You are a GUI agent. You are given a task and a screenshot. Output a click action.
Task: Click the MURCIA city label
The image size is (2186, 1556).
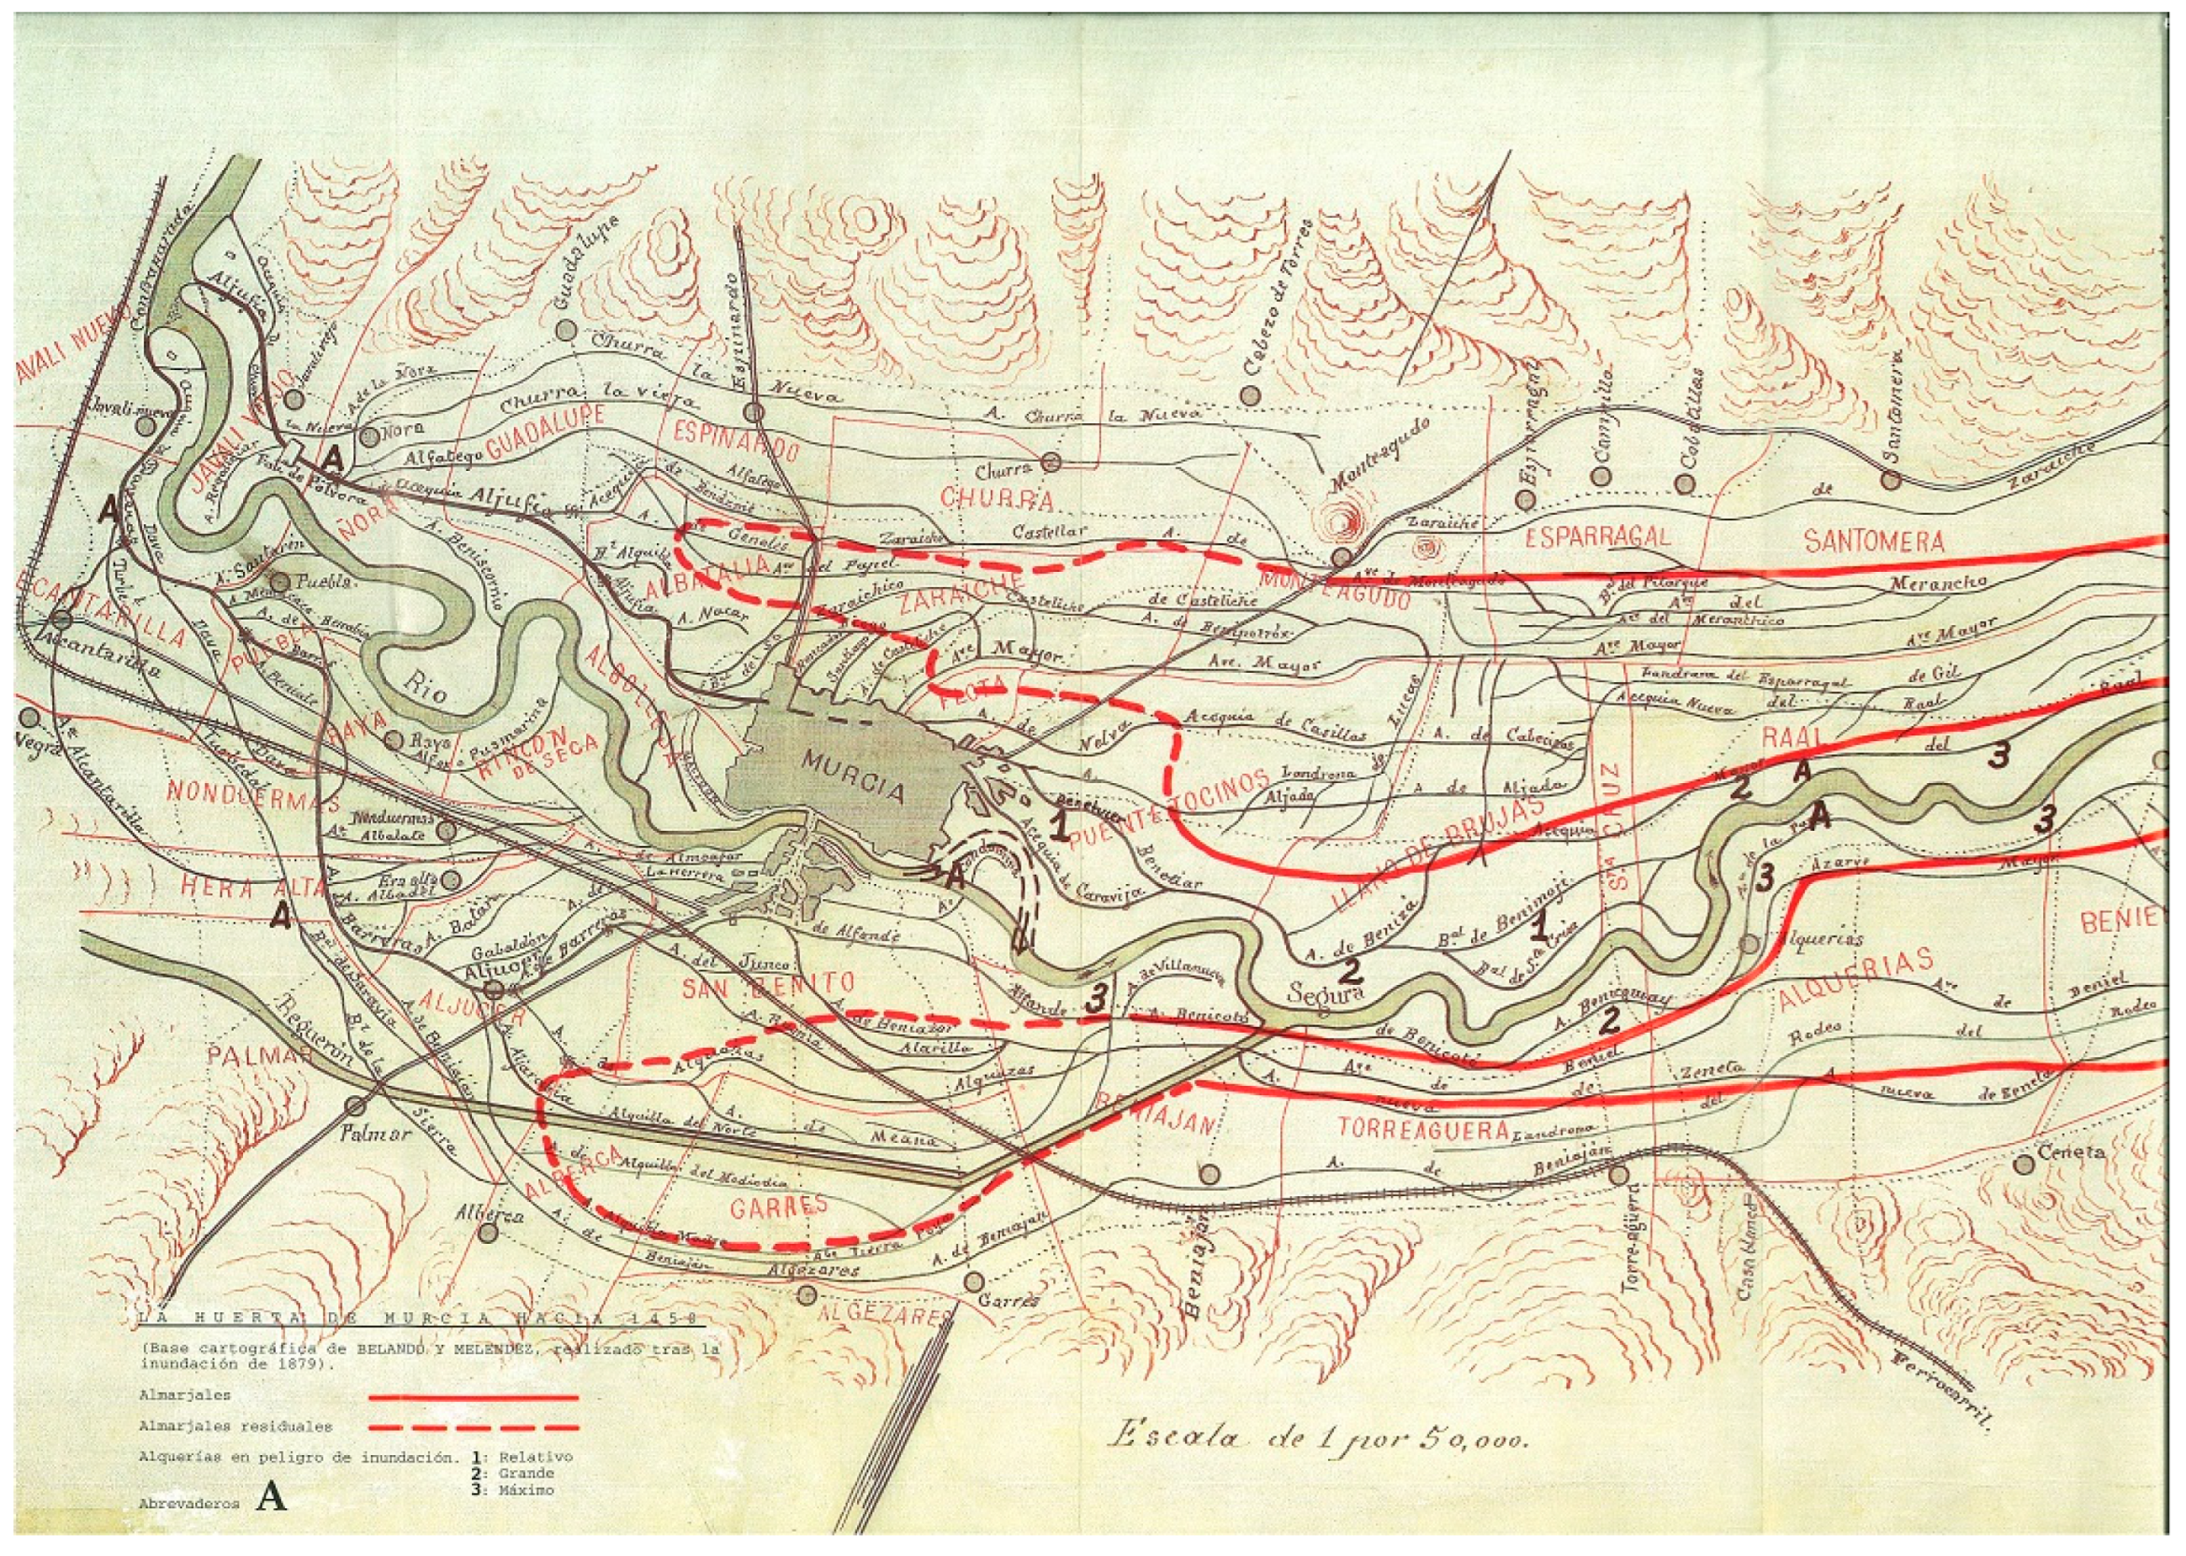[x=852, y=789]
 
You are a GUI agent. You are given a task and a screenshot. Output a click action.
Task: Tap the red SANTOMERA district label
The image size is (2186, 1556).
[x=1873, y=541]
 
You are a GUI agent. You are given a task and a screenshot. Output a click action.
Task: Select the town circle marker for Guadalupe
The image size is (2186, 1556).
[x=566, y=330]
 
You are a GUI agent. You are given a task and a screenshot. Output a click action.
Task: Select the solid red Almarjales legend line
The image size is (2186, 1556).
[x=473, y=1398]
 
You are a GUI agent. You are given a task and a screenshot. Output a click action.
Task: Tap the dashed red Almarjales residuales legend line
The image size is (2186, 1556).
[x=473, y=1427]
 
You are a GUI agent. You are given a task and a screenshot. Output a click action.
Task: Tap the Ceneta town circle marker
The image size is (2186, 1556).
[x=2024, y=1164]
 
